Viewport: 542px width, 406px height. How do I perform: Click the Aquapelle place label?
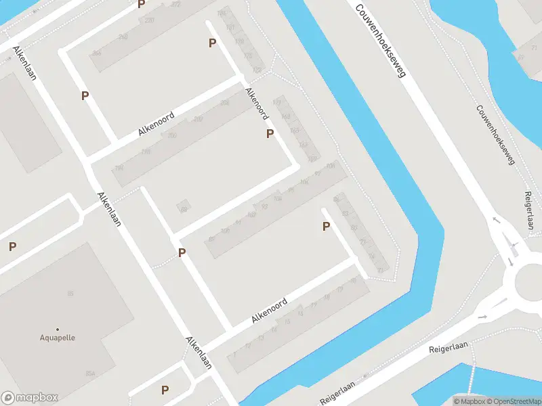tap(58, 337)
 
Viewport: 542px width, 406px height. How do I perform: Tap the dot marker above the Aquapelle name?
tap(58, 329)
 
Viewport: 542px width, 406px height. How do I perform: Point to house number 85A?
tap(89, 374)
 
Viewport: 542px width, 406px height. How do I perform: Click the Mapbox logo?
tap(30, 398)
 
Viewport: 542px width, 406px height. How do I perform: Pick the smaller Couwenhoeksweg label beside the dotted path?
tap(495, 135)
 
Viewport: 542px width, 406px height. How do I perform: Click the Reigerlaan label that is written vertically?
tap(530, 211)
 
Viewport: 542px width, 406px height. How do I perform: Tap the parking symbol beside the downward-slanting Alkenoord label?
tap(270, 134)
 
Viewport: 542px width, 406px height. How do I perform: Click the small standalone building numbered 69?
tap(183, 206)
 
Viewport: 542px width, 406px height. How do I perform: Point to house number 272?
tap(176, 4)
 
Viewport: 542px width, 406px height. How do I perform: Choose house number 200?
tap(171, 135)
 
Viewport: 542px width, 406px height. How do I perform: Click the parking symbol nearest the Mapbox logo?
tap(165, 390)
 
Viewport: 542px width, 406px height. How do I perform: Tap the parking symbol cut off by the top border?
tap(142, 4)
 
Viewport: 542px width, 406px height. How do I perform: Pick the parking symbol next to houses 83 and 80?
tap(326, 227)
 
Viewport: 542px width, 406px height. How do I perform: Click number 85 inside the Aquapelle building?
tap(70, 292)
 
